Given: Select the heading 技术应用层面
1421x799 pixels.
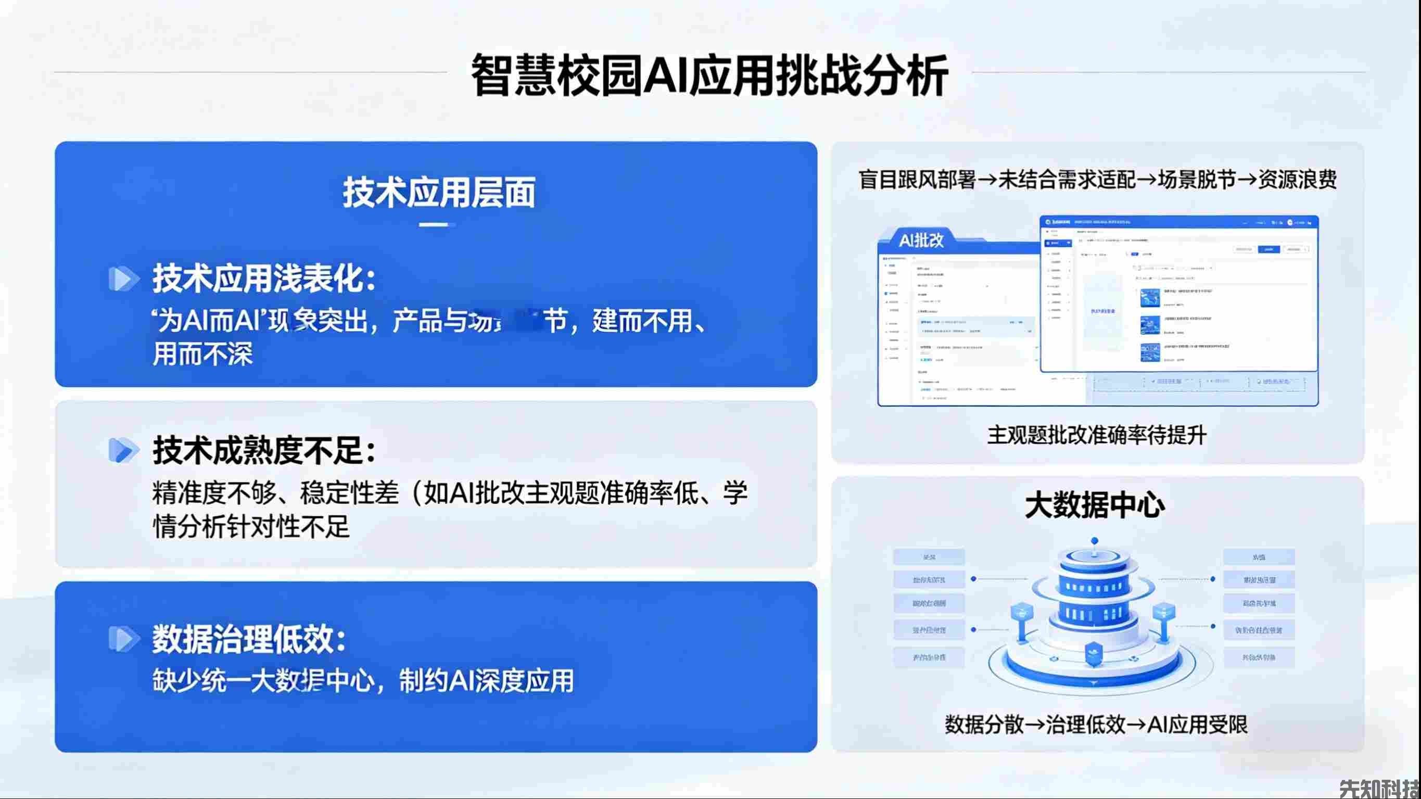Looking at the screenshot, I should click(x=439, y=193).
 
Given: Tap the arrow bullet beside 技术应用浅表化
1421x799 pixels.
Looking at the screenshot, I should click(x=123, y=278).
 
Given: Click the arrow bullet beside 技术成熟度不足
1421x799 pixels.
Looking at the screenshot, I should click(x=123, y=450).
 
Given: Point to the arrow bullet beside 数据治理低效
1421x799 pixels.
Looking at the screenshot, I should click(x=123, y=640).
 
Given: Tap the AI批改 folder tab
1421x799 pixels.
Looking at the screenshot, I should click(x=921, y=240).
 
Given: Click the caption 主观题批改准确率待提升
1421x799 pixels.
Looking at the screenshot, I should click(x=1097, y=435).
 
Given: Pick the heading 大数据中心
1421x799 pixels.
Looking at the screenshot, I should click(x=1095, y=505).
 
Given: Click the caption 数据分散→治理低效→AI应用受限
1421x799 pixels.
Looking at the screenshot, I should click(x=1097, y=725).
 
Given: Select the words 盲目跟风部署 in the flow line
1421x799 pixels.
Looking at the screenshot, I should click(x=917, y=180).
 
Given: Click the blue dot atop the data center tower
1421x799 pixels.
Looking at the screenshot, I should click(x=1095, y=541).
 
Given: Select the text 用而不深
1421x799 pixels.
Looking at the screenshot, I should click(x=203, y=354).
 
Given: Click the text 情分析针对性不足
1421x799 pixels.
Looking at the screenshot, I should click(x=251, y=527).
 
